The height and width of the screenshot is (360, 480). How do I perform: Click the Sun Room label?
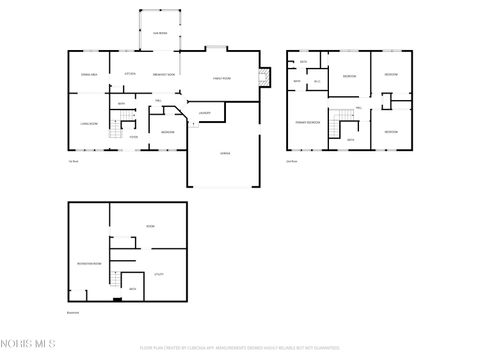[160, 32]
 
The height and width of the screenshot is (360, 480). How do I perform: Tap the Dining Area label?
[88, 75]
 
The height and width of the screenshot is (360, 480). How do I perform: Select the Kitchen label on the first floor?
[129, 75]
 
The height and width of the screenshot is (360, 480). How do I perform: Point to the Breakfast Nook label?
[164, 75]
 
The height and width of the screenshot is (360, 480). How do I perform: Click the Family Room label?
[220, 78]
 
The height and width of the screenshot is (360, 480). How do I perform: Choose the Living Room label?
[88, 124]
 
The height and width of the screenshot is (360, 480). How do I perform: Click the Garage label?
[226, 153]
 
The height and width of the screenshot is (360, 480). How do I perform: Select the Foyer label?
[133, 138]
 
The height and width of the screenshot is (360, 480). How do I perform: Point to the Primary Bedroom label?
[307, 121]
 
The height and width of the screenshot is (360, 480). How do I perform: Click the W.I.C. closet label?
[317, 81]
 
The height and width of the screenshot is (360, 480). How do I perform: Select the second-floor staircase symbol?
[345, 122]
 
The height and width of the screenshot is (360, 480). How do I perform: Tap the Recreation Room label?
[88, 263]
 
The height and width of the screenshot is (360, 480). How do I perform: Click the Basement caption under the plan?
[75, 310]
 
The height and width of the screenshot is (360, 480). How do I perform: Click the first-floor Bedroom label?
[168, 132]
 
